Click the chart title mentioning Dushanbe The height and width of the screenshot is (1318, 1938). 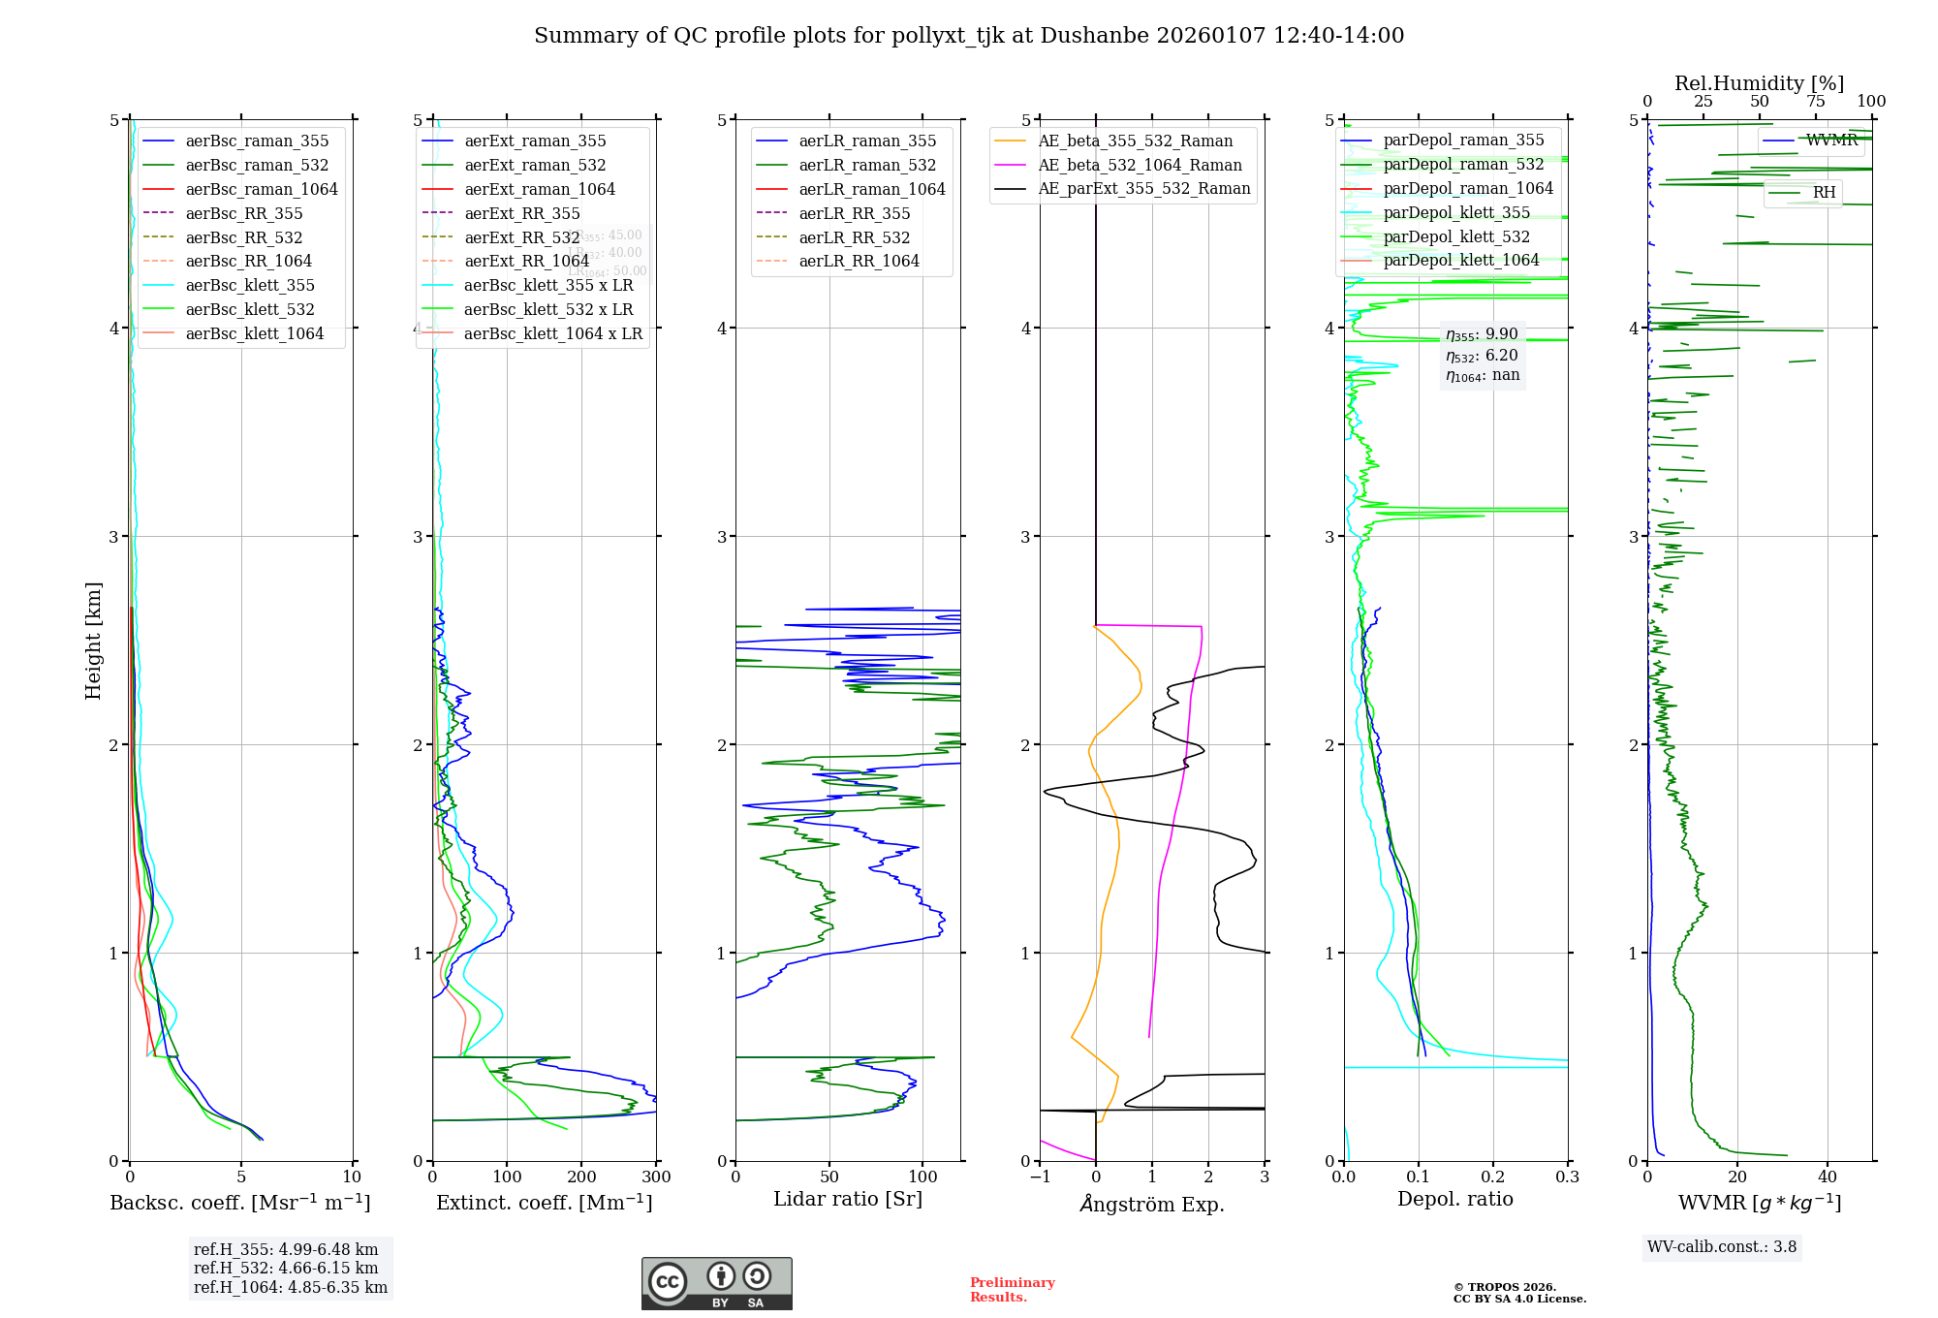pos(969,36)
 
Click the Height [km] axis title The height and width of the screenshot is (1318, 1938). pos(93,640)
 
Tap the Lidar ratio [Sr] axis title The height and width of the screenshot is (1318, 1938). pos(848,1199)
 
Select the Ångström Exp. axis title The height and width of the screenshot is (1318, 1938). pos(1152,1204)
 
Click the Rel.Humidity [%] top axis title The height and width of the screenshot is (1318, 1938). pos(1759,83)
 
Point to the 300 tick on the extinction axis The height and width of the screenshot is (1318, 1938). pos(656,1177)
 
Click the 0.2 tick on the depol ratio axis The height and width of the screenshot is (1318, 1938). pos(1493,1177)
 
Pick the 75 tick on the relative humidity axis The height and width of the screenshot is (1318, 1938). pos(1815,102)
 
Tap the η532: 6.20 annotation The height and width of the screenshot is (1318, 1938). pos(1482,356)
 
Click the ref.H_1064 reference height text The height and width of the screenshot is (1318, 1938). pos(291,1287)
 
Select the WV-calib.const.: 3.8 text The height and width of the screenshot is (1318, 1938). pos(1722,1247)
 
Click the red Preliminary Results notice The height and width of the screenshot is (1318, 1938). pos(1012,1290)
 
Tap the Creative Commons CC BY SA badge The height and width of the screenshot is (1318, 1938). pos(716,1283)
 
